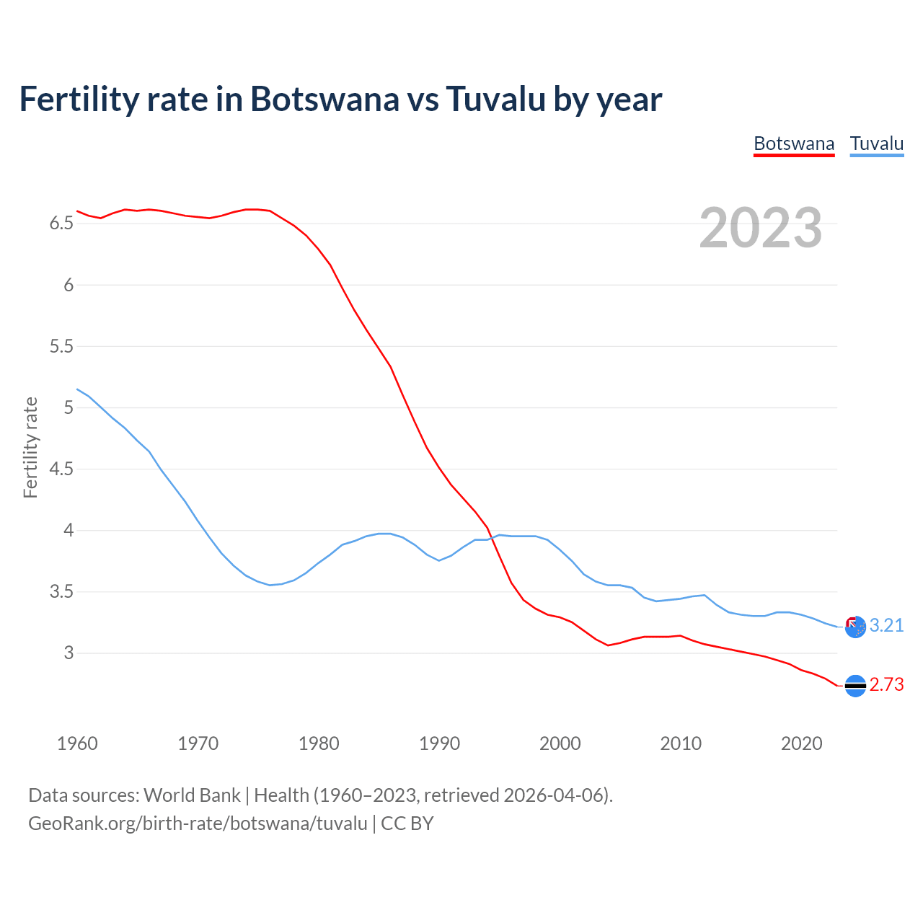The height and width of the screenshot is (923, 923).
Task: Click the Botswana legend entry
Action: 794,143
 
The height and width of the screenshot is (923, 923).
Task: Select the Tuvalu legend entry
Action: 877,143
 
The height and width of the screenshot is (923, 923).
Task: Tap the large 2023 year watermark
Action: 761,228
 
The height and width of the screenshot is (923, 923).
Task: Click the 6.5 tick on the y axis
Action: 61,224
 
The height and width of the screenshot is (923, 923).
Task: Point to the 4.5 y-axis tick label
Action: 61,469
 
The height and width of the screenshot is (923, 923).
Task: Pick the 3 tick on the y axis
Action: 69,653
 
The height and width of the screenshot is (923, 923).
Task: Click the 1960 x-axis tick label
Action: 77,743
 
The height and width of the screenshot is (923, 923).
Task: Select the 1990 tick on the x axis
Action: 439,743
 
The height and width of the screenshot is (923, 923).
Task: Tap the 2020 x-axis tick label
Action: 801,743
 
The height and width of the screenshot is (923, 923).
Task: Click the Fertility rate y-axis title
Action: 30,447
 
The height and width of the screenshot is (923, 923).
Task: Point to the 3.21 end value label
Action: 886,626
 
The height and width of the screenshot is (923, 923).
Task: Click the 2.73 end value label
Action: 886,685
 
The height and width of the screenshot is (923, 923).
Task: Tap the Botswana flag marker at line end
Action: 855,686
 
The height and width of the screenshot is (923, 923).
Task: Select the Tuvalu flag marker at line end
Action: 855,627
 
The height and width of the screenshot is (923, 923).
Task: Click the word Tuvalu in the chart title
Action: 495,99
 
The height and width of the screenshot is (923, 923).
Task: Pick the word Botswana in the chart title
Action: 324,99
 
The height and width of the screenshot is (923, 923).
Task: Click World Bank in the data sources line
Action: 192,795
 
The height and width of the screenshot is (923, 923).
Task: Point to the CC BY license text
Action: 407,823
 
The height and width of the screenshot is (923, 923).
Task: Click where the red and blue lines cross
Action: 493,538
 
